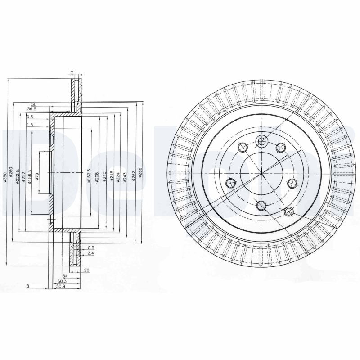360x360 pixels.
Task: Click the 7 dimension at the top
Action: [x=72, y=72]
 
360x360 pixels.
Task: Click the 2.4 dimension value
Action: [x=91, y=253]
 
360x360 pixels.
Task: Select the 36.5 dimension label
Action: [x=31, y=109]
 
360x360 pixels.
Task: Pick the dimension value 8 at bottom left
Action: [x=27, y=285]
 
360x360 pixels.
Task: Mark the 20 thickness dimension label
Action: [x=86, y=270]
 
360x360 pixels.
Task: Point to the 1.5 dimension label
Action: [x=30, y=125]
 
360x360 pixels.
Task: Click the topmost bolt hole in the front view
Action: [x=262, y=141]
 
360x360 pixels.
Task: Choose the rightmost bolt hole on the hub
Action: [x=292, y=183]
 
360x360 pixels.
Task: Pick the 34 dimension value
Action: [x=65, y=275]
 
